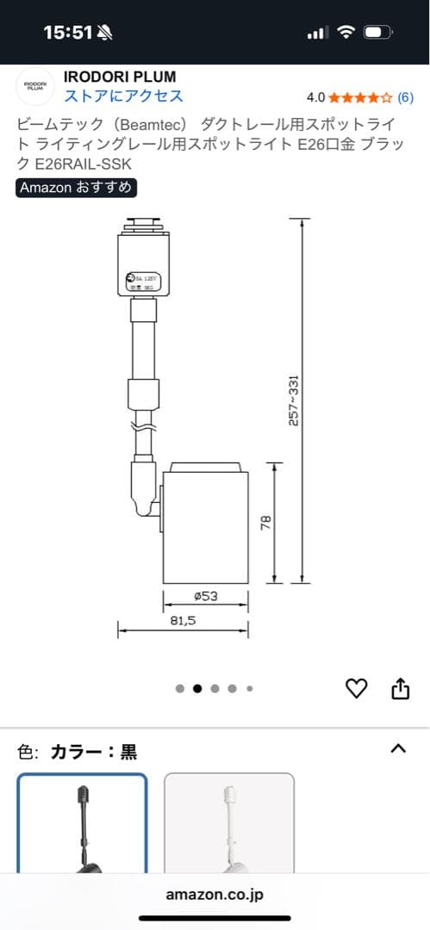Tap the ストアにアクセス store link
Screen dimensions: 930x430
point(123,96)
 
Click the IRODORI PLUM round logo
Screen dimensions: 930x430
point(35,85)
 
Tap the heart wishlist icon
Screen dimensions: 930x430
point(356,688)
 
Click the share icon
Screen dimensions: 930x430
point(400,688)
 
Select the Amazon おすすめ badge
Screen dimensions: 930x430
point(76,187)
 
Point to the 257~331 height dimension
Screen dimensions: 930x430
point(294,400)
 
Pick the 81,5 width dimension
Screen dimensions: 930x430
point(182,620)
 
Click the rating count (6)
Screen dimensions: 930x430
point(405,97)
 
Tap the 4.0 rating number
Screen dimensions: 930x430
point(315,97)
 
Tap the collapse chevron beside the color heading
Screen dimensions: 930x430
point(397,749)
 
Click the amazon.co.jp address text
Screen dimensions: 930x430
point(215,895)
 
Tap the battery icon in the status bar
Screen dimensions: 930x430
point(377,33)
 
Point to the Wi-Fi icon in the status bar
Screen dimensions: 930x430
point(346,33)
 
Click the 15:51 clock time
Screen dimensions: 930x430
point(67,33)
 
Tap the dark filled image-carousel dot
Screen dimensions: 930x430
point(197,689)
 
